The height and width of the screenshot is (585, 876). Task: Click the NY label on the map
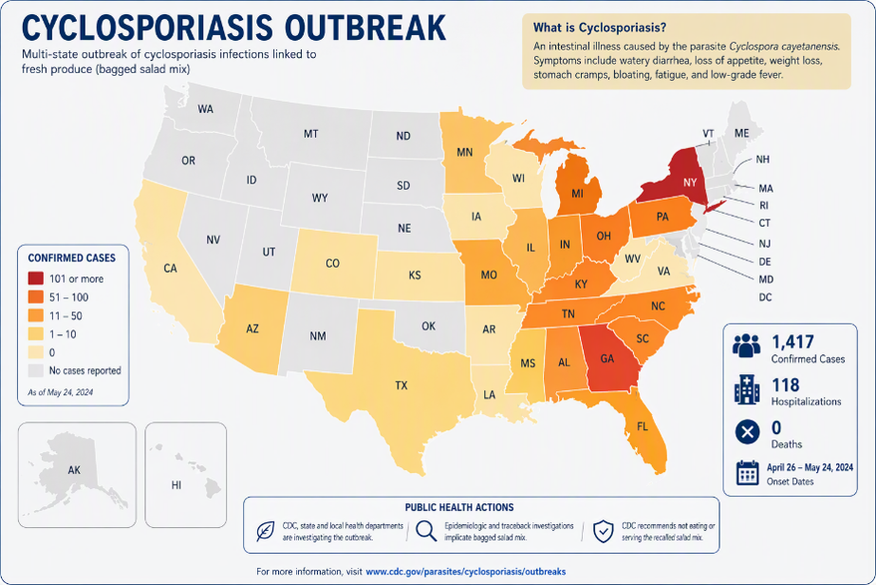690,182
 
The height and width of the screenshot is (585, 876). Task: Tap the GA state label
607,358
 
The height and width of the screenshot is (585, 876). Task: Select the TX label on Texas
401,386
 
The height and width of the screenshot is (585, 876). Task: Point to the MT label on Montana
311,134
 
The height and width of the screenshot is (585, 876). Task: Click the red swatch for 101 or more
36,278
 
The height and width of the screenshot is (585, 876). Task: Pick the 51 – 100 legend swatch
36,297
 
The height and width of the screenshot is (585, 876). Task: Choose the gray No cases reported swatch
36,370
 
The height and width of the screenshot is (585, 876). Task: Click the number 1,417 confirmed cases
792,341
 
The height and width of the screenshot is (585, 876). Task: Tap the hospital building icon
747,389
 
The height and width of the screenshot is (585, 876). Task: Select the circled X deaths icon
748,432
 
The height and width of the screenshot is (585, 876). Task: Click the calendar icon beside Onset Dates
748,473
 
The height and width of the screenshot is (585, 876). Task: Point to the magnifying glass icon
426,531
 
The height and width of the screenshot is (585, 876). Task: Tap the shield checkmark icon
604,531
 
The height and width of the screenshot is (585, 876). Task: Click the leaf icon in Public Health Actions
265,531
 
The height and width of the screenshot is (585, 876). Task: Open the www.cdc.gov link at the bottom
466,572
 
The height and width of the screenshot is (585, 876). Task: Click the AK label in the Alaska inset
74,470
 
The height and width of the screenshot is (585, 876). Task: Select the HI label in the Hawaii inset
177,485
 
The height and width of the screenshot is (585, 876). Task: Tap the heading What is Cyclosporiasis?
600,28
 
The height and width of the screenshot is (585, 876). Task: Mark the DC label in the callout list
765,297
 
